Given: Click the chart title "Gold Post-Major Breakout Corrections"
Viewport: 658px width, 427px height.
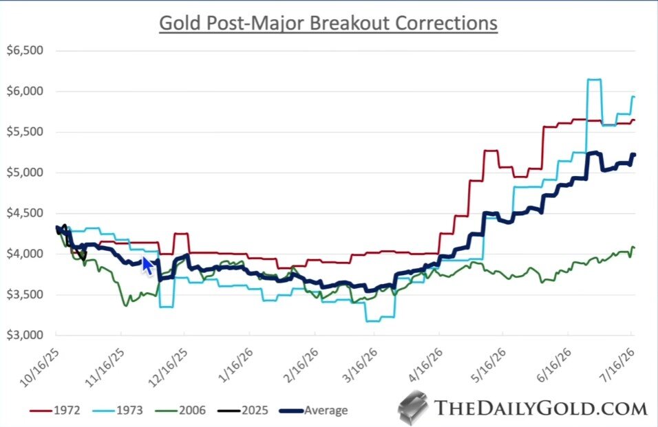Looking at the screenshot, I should click(328, 23).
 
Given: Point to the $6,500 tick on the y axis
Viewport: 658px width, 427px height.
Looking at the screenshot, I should click(25, 51).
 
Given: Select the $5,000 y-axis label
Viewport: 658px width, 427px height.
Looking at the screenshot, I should click(25, 173).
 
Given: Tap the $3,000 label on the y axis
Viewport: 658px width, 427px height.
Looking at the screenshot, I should click(25, 336).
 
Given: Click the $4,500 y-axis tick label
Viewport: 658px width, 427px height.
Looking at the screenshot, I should click(25, 213).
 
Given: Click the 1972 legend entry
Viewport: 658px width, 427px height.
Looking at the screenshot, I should click(56, 410).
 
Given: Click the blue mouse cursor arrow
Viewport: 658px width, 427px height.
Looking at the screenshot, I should click(147, 265).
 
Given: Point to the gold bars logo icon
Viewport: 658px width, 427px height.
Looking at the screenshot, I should click(413, 406).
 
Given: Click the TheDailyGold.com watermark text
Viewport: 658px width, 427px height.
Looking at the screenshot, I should click(541, 408).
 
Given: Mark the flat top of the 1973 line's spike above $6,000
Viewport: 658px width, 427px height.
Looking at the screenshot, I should click(594, 80).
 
